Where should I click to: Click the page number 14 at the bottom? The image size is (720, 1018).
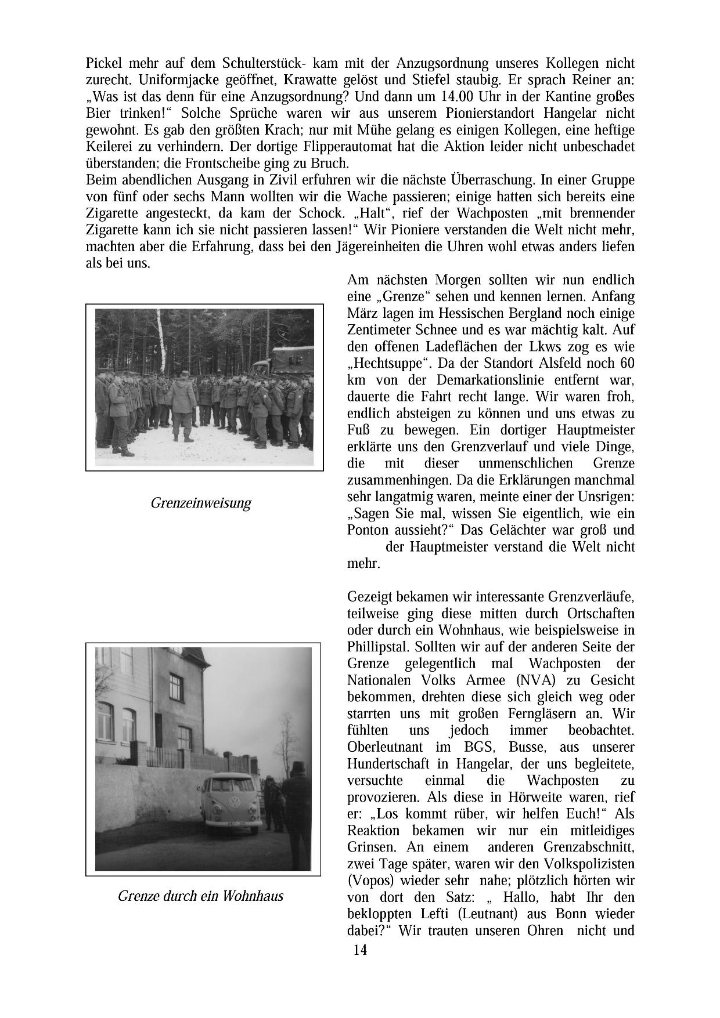pos(359,950)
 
